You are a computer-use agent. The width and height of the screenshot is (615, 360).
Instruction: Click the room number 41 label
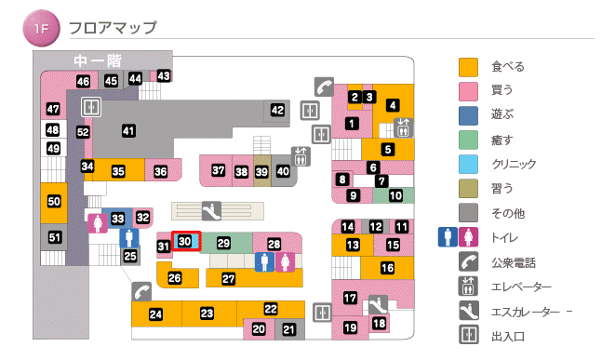click(128, 131)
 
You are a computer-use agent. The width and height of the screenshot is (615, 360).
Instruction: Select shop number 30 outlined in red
click(186, 241)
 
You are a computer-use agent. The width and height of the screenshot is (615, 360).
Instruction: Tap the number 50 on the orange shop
click(54, 201)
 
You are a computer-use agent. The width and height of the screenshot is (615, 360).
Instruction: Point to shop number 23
click(207, 313)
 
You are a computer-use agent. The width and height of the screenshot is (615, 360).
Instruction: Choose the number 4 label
click(393, 105)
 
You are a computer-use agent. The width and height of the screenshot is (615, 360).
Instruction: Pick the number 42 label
click(277, 111)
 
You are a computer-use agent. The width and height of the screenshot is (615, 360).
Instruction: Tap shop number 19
click(351, 327)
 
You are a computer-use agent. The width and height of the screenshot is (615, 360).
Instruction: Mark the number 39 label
click(261, 171)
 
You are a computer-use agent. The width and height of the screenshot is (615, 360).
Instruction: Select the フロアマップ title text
click(113, 29)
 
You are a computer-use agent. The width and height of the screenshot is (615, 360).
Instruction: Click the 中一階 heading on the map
click(98, 60)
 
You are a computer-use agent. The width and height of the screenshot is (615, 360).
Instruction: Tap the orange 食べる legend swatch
click(468, 67)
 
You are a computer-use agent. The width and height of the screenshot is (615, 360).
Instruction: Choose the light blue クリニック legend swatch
click(468, 164)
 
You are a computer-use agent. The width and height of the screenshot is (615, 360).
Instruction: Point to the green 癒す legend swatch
click(468, 140)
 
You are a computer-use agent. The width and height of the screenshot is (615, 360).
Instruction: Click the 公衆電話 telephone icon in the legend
click(468, 263)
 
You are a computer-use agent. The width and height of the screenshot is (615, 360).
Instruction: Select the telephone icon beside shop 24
click(141, 290)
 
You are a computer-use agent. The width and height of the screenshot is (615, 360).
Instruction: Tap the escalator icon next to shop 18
click(377, 303)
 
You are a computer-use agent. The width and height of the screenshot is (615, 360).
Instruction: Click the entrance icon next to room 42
click(310, 111)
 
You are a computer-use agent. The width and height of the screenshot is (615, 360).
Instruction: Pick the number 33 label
click(118, 219)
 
